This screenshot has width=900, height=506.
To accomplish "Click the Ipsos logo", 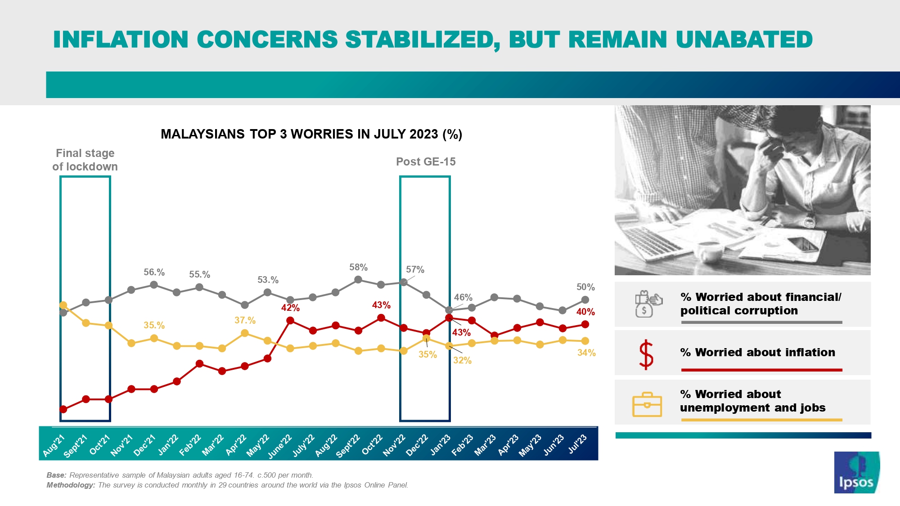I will pos(856,472).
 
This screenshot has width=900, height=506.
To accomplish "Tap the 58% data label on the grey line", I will pos(358,267).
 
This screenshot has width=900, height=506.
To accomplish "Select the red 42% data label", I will pos(290,308).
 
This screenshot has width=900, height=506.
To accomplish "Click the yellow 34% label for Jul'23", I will pos(586,353).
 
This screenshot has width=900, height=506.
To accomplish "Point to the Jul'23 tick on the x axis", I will pos(577,444).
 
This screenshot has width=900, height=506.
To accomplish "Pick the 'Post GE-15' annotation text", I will pos(426,162).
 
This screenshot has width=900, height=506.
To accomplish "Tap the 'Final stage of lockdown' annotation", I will pos(85,160).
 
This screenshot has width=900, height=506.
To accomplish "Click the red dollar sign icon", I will pos(646,354).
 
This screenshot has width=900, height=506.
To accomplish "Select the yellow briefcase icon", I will pos(647,404).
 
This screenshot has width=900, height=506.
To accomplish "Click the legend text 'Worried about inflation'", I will pos(758,353).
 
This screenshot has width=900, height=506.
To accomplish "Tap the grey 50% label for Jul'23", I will pos(585,287).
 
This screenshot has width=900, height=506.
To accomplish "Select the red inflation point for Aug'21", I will pos(63,409).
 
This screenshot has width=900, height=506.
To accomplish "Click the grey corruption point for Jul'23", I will pos(585,300).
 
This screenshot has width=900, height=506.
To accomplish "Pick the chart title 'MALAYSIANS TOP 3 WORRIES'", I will pos(311,134).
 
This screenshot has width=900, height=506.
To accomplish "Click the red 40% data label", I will pos(585,312).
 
